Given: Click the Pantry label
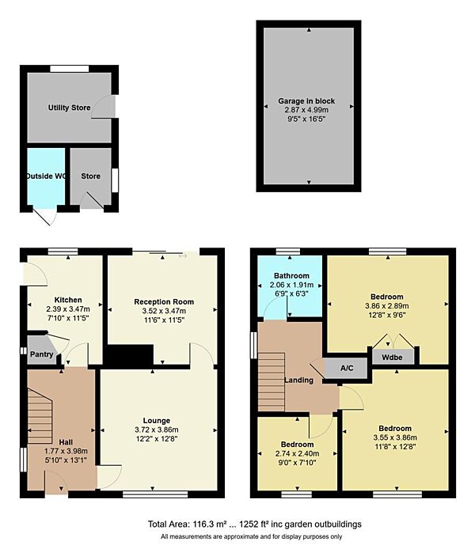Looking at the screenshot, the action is (x=41, y=354).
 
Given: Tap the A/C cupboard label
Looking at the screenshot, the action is (x=347, y=368).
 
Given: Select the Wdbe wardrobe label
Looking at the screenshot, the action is (x=392, y=358).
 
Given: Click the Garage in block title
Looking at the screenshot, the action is (x=306, y=101).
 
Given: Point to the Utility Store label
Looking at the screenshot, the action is (x=70, y=108).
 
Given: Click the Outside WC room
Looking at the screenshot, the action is (x=46, y=176).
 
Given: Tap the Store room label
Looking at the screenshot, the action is (x=90, y=176).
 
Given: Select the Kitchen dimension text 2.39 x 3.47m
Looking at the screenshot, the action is (x=68, y=309).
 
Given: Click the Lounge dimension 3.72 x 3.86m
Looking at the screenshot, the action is (x=157, y=429).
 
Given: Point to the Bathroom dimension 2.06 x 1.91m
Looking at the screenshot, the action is (x=291, y=285).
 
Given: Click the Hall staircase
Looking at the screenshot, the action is (x=40, y=416).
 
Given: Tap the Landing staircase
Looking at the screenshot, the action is (x=272, y=382).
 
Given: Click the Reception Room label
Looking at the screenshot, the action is (x=164, y=302).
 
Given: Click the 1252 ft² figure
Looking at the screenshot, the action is (x=254, y=524).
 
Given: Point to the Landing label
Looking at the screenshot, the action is (x=298, y=380).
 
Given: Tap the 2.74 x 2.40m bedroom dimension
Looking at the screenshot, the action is (x=298, y=453).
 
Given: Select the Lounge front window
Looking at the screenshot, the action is (x=155, y=494).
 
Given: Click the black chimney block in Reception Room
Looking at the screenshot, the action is (x=131, y=356).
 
